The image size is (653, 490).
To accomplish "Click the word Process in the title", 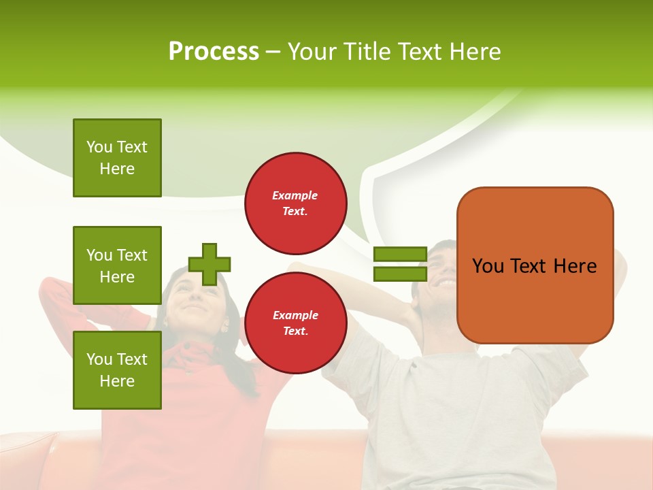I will tap(214, 52).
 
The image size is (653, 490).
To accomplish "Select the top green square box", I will tap(117, 158).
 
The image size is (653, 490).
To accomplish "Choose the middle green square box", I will tap(117, 265).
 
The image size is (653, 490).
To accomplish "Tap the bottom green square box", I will tap(117, 370).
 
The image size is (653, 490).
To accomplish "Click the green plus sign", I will tap(210, 264).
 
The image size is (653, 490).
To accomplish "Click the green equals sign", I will tap(400, 264).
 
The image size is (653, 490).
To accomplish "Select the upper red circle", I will tap(295, 203).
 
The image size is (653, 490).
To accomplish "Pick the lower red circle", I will tap(295, 323).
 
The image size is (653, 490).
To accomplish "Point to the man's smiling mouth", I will tap(446, 280).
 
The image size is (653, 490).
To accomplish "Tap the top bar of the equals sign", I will tap(400, 255).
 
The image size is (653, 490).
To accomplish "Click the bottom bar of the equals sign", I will tap(400, 274).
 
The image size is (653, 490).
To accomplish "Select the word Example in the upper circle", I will tap(295, 195).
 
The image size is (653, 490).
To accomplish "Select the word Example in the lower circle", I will tap(295, 315).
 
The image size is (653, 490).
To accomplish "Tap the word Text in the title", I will tap(417, 52).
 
